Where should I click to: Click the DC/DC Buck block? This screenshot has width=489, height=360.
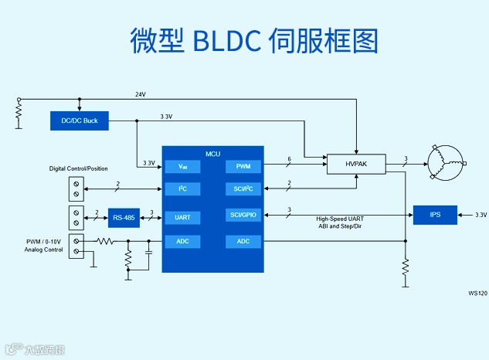tap(80, 120)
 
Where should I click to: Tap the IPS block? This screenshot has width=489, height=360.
tap(436, 214)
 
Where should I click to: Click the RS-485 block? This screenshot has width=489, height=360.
tap(124, 218)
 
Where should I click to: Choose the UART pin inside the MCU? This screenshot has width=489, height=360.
tap(182, 218)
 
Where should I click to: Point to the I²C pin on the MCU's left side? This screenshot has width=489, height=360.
tap(182, 188)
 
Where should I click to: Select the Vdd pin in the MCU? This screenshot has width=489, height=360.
tap(182, 166)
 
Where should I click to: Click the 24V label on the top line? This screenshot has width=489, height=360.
tap(141, 94)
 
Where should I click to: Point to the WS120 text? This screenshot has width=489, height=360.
tap(477, 294)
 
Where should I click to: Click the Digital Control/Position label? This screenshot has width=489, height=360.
tap(79, 168)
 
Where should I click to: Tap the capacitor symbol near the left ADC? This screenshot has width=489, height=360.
tap(149, 252)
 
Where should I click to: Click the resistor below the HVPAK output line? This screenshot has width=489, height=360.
tap(404, 267)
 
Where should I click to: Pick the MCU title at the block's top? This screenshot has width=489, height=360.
tap(212, 154)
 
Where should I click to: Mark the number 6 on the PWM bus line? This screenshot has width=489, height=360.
tap(289, 159)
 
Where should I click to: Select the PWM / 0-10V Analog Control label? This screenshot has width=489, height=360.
tap(42, 246)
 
